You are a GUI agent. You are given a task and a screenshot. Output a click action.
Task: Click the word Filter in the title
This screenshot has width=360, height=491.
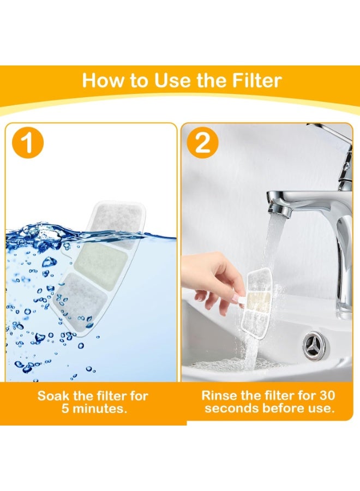257,80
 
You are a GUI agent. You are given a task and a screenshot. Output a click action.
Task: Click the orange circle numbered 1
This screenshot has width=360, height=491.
28,143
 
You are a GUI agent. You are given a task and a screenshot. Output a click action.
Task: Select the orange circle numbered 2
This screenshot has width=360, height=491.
202,143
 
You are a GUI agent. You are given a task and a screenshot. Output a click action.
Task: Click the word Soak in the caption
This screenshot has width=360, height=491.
54,396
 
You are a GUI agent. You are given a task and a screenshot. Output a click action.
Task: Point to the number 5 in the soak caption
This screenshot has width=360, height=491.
65,409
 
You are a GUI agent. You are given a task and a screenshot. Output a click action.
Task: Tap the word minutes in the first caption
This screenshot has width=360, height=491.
98,409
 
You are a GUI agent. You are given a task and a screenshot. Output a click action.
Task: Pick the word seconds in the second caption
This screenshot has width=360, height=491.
232,408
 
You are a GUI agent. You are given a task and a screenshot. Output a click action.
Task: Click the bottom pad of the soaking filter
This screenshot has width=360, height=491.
80,300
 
